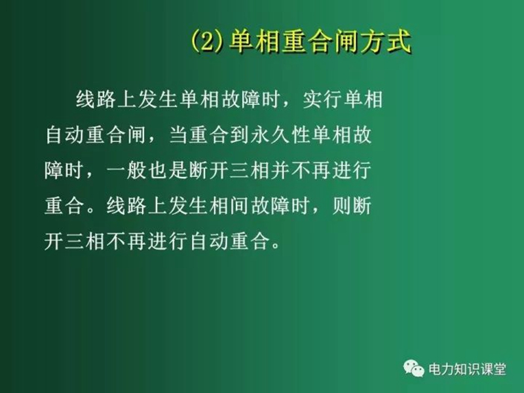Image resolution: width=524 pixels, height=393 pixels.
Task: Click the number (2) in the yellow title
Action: (x=207, y=42)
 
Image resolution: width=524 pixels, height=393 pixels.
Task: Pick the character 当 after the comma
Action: (x=179, y=135)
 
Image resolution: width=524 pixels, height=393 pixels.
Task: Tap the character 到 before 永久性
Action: (x=240, y=135)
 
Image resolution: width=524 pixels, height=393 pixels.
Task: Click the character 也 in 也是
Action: (x=157, y=170)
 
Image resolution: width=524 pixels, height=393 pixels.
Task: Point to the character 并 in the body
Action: (x=280, y=170)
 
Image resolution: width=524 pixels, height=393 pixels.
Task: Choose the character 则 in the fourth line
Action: (x=341, y=206)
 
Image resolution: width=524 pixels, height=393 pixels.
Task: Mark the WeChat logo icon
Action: (x=414, y=368)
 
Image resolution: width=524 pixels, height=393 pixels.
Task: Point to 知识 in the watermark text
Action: (x=467, y=369)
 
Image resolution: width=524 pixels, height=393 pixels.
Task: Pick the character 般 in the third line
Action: (x=136, y=170)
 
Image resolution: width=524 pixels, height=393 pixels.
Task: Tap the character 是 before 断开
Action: (x=178, y=170)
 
